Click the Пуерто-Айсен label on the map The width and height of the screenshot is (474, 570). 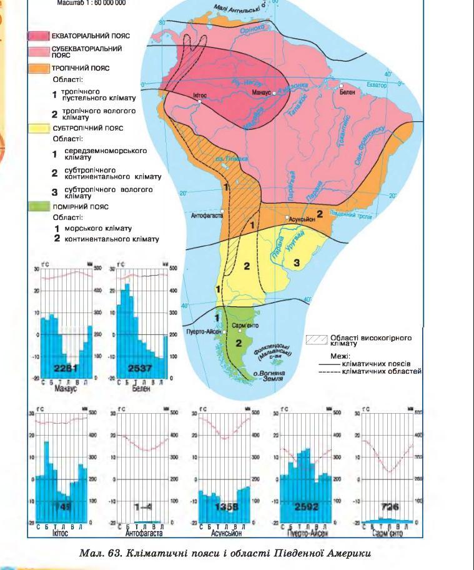pyautogui.click(x=203, y=332)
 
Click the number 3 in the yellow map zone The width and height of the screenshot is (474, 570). pyautogui.click(x=297, y=262)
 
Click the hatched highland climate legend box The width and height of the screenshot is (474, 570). pyautogui.click(x=318, y=339)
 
